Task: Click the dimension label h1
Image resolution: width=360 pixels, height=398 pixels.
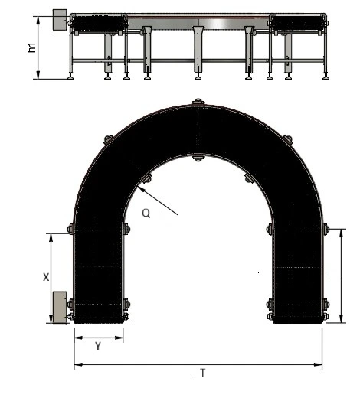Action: pyautogui.click(x=32, y=47)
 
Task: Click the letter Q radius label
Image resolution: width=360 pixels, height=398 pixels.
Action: pyautogui.click(x=146, y=213)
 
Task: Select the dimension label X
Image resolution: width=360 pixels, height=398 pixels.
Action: pyautogui.click(x=46, y=277)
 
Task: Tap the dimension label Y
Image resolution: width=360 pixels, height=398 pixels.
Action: pyautogui.click(x=98, y=346)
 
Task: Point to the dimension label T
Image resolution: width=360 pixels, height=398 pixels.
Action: pyautogui.click(x=203, y=373)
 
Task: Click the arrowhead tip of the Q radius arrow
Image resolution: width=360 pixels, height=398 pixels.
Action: pyautogui.click(x=137, y=187)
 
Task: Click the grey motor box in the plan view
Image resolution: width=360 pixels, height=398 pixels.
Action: pyautogui.click(x=60, y=308)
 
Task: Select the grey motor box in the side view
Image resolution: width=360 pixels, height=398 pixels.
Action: pyautogui.click(x=60, y=20)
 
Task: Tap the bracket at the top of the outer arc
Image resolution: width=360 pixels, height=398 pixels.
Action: pyautogui.click(x=198, y=102)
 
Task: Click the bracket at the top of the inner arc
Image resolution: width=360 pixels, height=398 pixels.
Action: pyautogui.click(x=198, y=158)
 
